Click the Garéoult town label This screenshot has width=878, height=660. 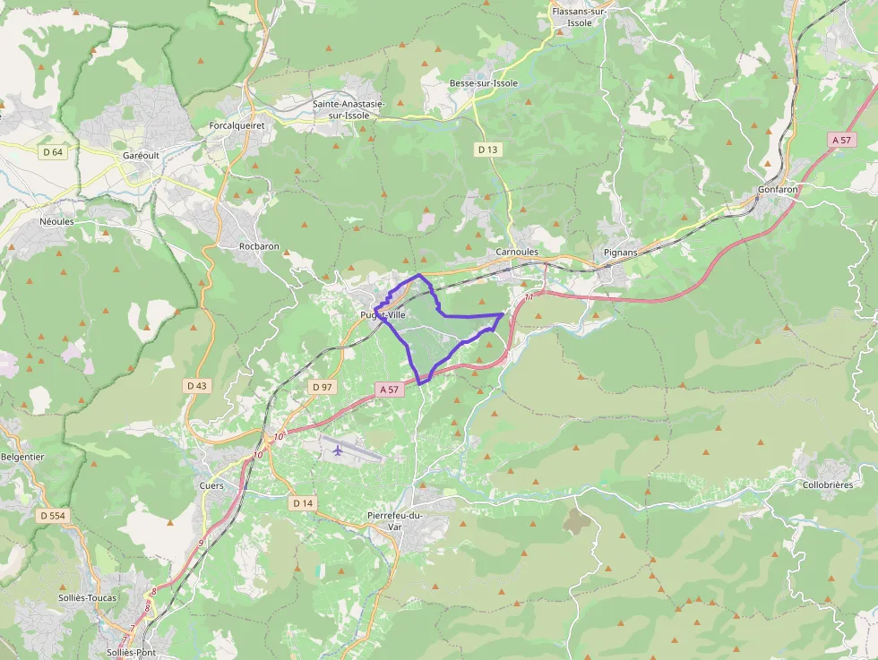tap(140, 155)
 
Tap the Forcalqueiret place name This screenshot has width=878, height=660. tap(237, 126)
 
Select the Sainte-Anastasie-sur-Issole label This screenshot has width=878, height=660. tap(349, 109)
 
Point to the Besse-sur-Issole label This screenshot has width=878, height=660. tap(483, 83)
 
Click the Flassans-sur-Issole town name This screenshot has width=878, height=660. tap(580, 17)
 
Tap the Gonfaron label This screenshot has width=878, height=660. tap(778, 190)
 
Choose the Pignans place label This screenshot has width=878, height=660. tap(620, 253)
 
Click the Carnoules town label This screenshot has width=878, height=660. tap(517, 253)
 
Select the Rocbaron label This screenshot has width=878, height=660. tap(259, 246)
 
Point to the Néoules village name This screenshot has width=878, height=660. tap(56, 221)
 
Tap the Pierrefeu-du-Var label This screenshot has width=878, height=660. tap(395, 520)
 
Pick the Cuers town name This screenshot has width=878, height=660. tap(211, 485)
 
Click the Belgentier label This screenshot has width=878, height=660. tap(22, 456)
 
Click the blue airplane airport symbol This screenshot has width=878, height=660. tap(337, 450)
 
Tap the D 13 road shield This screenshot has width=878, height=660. tap(487, 150)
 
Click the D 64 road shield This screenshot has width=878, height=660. tap(53, 152)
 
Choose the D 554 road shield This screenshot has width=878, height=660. tap(53, 516)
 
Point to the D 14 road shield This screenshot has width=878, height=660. tap(303, 503)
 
